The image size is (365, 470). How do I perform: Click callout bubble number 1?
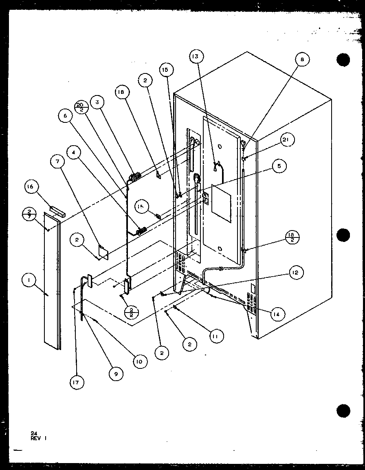pos(29,281)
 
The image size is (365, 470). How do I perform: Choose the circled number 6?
pos(64,115)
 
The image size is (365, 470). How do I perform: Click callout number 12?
pos(296,273)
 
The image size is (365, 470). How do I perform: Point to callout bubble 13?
pos(196,57)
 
